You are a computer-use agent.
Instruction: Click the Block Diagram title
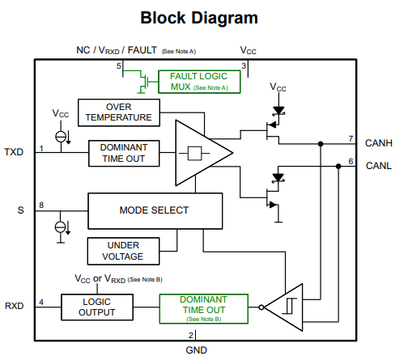(199, 18)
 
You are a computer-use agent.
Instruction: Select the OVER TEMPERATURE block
(119, 112)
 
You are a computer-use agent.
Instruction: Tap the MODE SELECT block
(155, 211)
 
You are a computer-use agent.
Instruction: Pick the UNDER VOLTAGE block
(123, 251)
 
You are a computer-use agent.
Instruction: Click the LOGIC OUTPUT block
(97, 307)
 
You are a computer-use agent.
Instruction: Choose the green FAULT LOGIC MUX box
(199, 82)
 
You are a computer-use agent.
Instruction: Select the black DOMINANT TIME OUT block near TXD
(124, 153)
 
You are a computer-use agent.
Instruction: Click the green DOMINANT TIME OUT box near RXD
(204, 309)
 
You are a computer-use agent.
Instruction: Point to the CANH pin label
(379, 143)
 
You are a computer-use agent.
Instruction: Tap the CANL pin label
(379, 166)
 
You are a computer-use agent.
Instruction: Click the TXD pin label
(14, 152)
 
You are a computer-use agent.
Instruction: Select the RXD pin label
(15, 306)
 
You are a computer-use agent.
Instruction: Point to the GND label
(197, 350)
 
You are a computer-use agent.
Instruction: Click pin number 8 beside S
(41, 205)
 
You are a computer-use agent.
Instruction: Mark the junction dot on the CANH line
(321, 144)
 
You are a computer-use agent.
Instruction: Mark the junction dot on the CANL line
(338, 167)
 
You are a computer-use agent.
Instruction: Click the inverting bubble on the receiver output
(261, 307)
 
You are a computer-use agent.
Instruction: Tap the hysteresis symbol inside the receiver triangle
(289, 306)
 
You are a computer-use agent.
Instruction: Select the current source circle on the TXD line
(61, 137)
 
